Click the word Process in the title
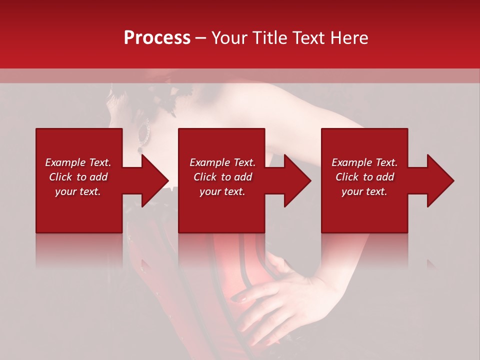click(157, 37)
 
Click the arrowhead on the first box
click(155, 180)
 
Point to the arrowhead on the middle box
click(298, 180)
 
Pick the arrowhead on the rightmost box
click(441, 180)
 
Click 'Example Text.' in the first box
click(78, 162)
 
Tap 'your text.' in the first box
click(78, 191)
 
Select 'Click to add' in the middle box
click(222, 177)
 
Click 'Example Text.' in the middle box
click(222, 162)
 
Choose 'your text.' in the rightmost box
click(364, 191)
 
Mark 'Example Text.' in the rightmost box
click(364, 162)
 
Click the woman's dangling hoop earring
click(144, 133)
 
